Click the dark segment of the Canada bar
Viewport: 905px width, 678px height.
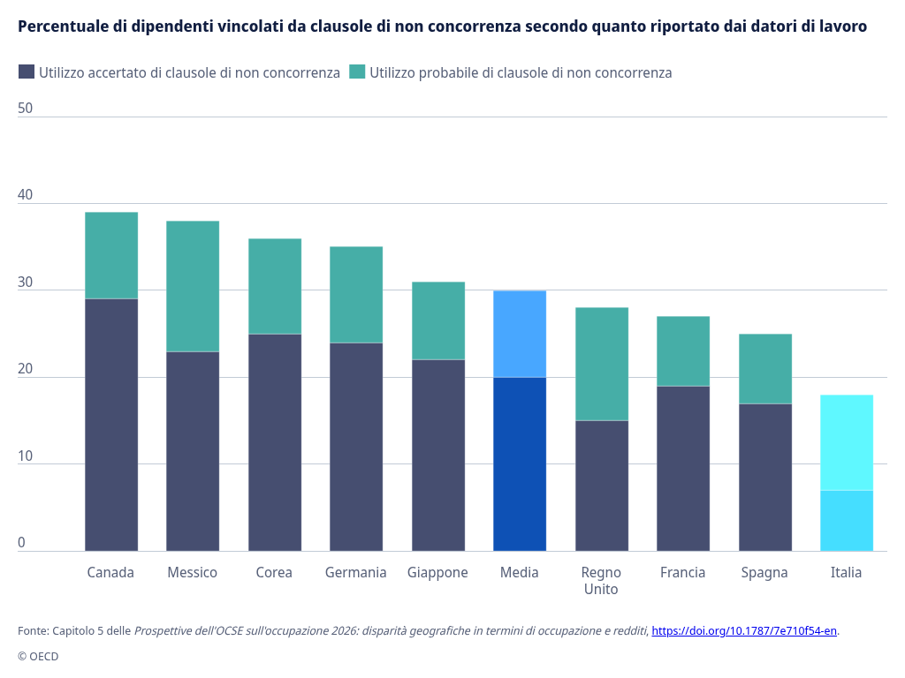111,425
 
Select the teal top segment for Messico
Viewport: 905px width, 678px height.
193,287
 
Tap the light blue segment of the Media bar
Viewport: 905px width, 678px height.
520,335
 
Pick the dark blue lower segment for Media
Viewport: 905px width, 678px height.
520,464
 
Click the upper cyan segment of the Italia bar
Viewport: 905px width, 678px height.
847,443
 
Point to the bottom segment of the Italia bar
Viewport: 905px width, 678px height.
847,521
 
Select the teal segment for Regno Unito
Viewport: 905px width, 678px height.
601,365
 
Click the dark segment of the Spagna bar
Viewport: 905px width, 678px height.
765,478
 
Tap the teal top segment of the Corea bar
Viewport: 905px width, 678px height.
275,287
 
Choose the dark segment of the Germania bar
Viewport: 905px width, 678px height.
356,447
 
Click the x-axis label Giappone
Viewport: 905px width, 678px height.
437,572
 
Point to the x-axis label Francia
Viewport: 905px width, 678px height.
683,572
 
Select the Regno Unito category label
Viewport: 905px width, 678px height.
601,581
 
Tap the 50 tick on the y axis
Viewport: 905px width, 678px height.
26,109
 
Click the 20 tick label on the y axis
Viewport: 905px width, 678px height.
26,369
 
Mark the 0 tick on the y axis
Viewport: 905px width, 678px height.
22,543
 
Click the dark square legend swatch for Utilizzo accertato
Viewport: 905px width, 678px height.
27,72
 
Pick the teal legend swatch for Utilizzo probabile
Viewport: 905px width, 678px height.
357,72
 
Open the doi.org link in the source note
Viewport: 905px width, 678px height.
744,630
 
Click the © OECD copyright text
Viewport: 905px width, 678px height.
38,656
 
